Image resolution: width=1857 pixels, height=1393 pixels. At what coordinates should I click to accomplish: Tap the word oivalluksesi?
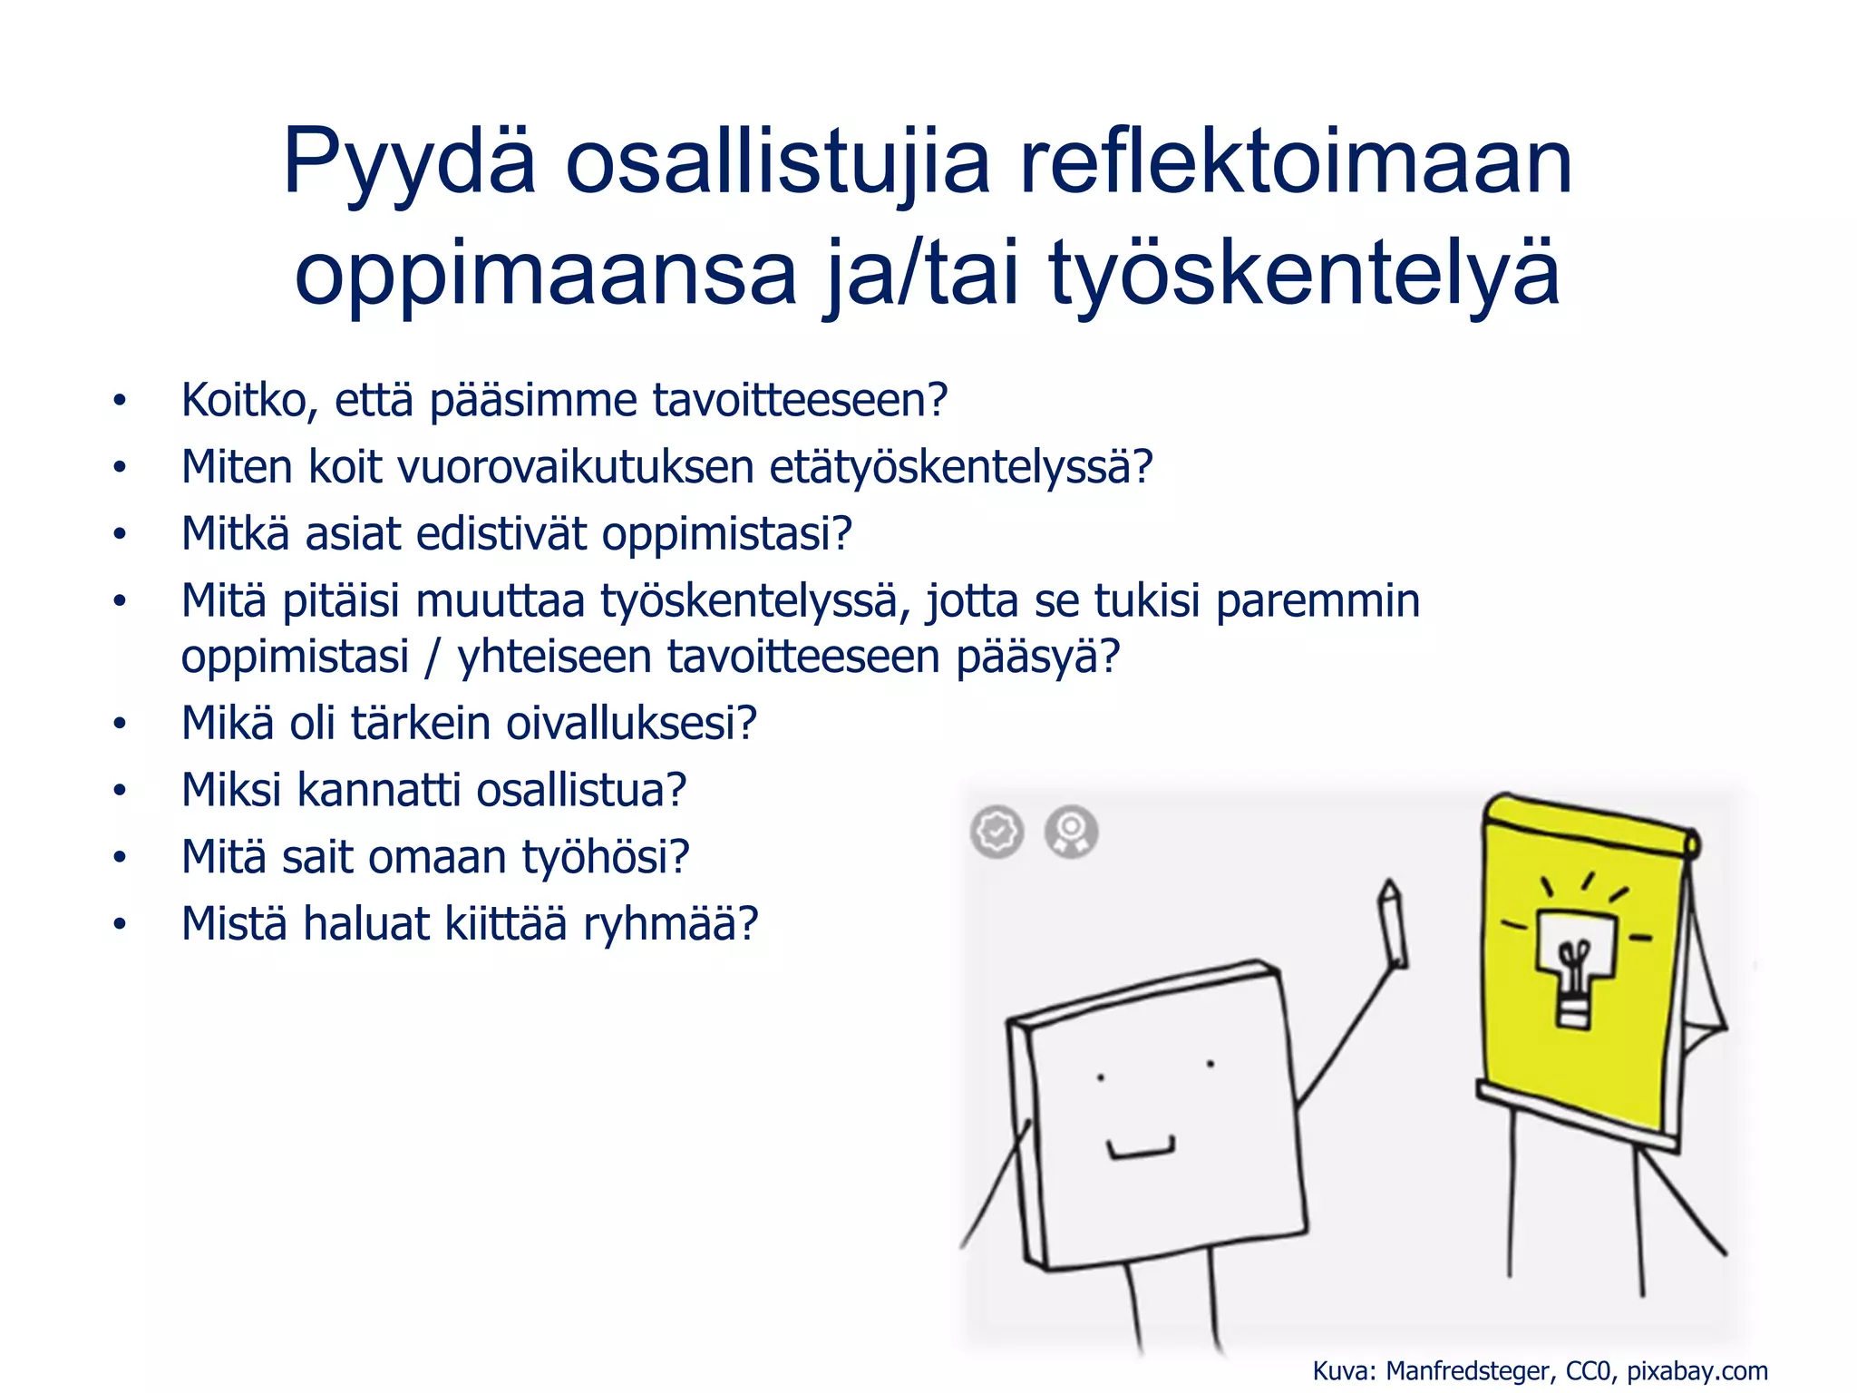coord(631,724)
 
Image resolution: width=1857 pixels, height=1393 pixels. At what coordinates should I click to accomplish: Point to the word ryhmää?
coord(670,924)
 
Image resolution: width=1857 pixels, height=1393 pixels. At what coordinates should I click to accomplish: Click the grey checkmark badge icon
coord(997,831)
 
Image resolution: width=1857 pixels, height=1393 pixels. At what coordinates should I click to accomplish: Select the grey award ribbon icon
coord(1071,831)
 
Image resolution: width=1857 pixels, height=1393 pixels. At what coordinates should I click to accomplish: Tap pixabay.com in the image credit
coord(1697,1370)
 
